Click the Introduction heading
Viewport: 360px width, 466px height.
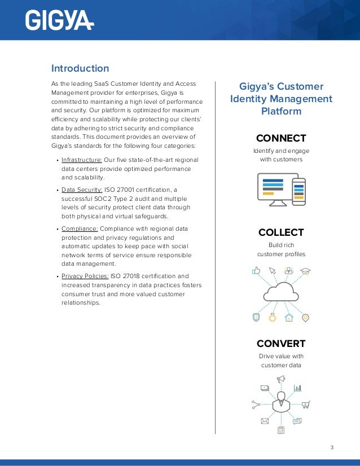click(x=80, y=69)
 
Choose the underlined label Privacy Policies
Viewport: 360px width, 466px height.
click(x=85, y=276)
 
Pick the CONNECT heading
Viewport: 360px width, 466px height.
click(x=281, y=138)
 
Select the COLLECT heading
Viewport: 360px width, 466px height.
click(x=281, y=232)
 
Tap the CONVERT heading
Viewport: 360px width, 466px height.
click(x=281, y=344)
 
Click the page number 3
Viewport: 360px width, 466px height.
click(x=332, y=448)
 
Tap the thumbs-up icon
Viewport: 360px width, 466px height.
click(x=256, y=271)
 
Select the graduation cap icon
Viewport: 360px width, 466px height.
click(x=305, y=271)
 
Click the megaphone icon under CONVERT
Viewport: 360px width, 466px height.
click(x=280, y=379)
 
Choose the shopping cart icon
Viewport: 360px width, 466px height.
click(x=306, y=404)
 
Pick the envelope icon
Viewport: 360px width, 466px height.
click(x=264, y=421)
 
